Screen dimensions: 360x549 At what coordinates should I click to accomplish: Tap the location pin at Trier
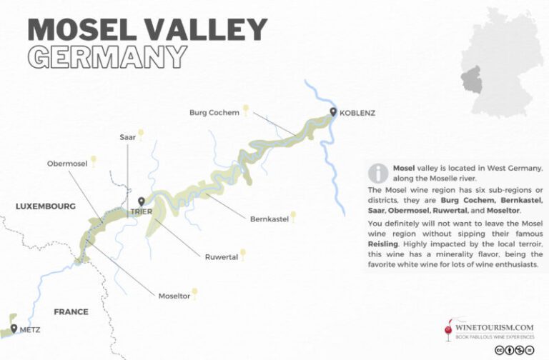coord(141,202)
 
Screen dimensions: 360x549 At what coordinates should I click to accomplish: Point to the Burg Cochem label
coord(214,112)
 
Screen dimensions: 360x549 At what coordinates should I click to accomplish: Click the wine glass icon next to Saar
coord(141,134)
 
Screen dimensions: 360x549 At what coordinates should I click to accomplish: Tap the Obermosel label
coord(67,164)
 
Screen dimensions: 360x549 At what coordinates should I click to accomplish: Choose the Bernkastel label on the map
coord(269,219)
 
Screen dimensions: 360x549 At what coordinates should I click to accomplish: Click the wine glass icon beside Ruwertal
coord(244,254)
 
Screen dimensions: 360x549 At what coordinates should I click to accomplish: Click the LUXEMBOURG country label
coord(46,206)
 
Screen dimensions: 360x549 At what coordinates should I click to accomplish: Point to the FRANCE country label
coord(71,311)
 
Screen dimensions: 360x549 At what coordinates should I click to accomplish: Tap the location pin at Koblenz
coord(333,111)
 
